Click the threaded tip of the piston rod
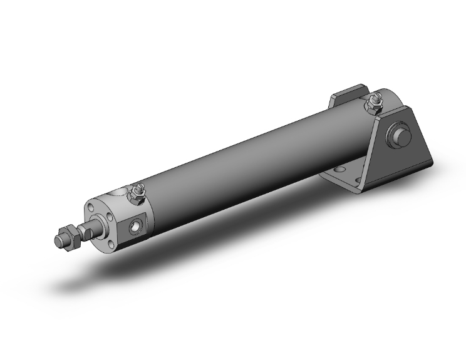60,239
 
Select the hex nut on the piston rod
70,236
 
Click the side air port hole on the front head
136,226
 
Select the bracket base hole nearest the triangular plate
359,182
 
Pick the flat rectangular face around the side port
138,226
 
